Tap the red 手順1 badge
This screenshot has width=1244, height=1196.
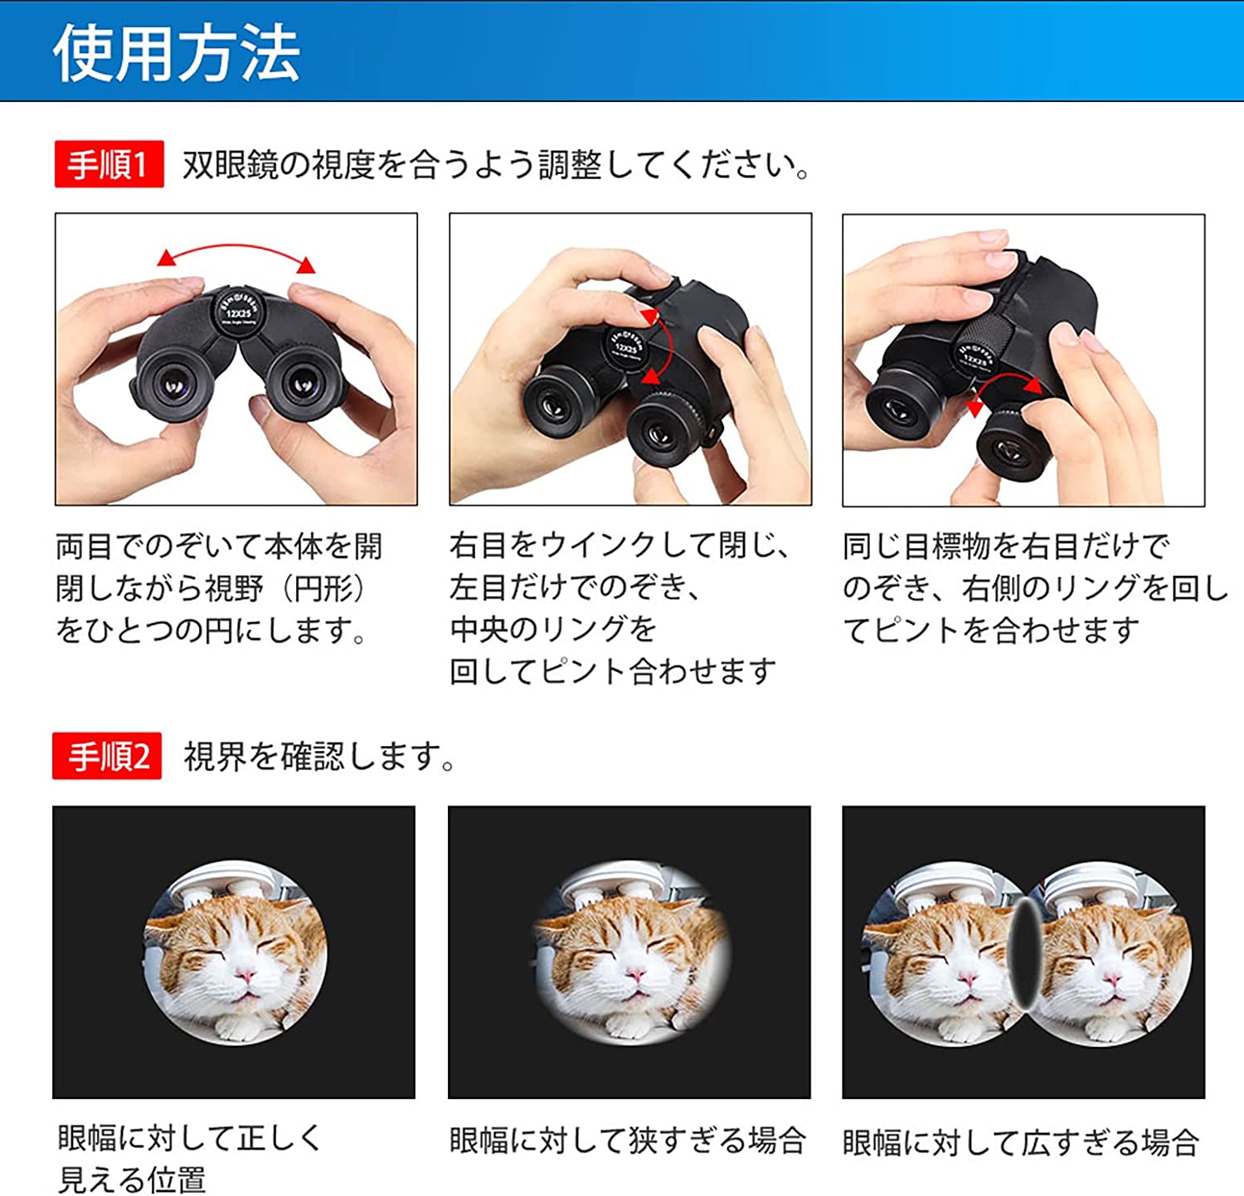(x=109, y=164)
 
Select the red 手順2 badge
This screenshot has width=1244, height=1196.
(x=107, y=756)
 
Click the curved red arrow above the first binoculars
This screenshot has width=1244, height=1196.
(x=236, y=248)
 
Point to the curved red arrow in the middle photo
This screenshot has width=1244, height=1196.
(x=666, y=344)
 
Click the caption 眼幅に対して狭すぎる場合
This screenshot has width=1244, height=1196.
(x=628, y=1141)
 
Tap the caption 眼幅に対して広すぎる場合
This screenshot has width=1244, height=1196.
(x=1021, y=1143)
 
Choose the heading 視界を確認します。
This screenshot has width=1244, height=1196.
(x=320, y=756)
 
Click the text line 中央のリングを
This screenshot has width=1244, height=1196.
(x=553, y=629)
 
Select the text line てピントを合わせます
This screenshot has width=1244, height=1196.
(x=992, y=631)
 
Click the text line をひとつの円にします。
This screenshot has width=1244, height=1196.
(x=212, y=631)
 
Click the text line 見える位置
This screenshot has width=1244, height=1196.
(x=131, y=1179)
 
